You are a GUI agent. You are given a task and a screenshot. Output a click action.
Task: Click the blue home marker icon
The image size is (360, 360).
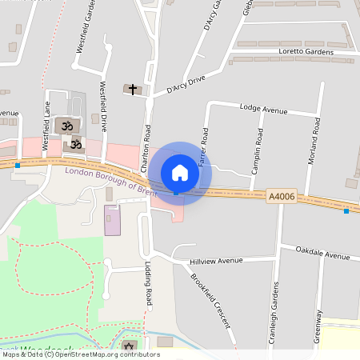point(180,173)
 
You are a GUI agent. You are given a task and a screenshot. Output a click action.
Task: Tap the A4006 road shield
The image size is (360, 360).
point(282,196)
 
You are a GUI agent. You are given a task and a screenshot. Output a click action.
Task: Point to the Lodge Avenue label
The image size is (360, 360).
point(263,108)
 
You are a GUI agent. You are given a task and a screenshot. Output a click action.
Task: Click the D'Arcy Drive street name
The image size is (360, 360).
point(186,83)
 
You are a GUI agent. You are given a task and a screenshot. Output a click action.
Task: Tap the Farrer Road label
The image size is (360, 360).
point(203,146)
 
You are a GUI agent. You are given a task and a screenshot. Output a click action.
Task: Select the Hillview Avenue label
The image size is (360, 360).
point(215,261)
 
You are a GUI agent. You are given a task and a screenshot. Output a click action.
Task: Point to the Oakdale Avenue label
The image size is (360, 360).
point(322,256)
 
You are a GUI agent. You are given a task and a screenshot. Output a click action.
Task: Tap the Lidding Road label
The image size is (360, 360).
point(148,284)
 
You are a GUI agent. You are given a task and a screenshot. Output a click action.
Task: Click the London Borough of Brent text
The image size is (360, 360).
point(111,181)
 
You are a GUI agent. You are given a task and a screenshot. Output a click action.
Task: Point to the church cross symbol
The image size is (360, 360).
point(132,89)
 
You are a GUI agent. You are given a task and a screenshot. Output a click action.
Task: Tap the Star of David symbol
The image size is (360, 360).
point(129,346)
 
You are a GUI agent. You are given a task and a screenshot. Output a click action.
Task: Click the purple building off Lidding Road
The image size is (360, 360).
point(112,220)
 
